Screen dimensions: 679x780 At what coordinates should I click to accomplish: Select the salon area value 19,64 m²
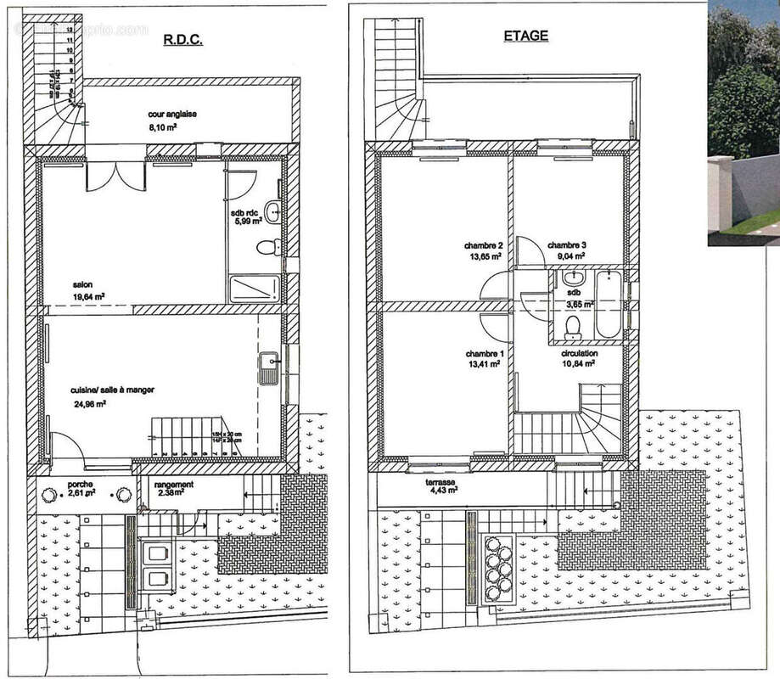coord(88,297)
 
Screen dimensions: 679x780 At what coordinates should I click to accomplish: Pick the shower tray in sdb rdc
coord(254,289)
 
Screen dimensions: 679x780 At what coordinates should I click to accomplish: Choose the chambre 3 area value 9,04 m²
coord(569,255)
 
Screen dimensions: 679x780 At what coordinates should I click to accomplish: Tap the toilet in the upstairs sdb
coord(571,326)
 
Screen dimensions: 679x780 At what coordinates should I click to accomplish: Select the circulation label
coord(579,353)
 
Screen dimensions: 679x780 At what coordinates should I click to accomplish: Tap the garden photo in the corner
coord(744,123)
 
